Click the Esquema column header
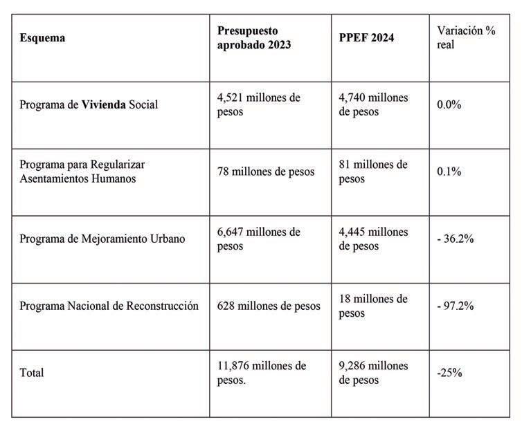point(42,38)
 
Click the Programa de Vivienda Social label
point(89,104)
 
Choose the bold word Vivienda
point(105,104)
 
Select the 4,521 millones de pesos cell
point(258,104)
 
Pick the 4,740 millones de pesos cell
point(373,104)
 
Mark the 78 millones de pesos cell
point(265,172)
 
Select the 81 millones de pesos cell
point(373,172)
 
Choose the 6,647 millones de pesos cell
point(258,239)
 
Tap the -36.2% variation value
point(455,239)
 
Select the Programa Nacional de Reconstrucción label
point(109,306)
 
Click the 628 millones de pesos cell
point(269,306)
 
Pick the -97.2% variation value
point(455,306)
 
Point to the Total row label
point(32,373)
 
